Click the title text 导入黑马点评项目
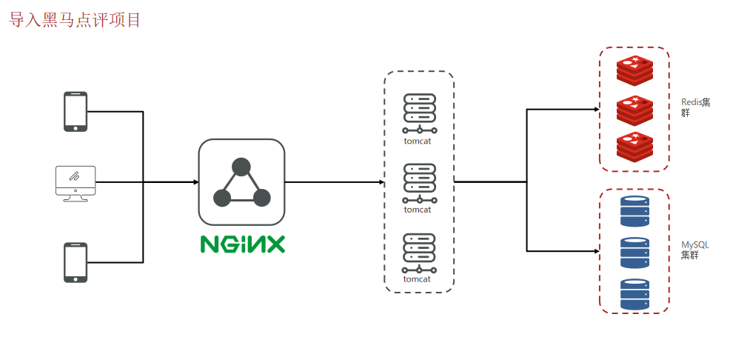(75, 20)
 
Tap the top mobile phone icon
(76, 111)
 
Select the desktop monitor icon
(76, 182)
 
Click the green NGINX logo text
(242, 244)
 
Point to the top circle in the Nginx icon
(241, 167)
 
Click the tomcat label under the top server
(418, 140)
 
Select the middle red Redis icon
(635, 109)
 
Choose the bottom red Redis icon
(635, 146)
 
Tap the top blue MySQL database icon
(634, 211)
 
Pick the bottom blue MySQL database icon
(634, 294)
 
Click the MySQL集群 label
(695, 250)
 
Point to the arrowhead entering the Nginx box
(195, 182)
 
